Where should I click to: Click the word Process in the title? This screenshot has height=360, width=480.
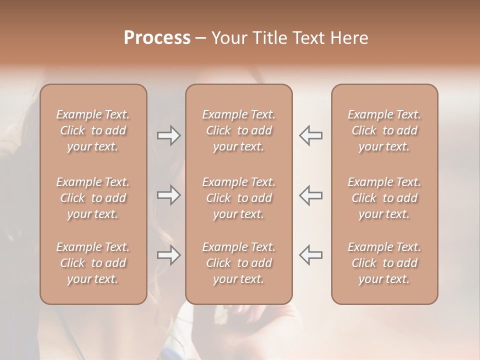point(157,38)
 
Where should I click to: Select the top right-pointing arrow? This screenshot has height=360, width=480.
point(168,135)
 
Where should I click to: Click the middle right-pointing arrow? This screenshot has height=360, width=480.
point(168,195)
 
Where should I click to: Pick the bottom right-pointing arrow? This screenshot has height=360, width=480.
point(168,255)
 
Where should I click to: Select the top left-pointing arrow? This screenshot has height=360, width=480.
point(311,135)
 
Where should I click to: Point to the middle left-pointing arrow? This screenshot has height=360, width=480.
point(311,195)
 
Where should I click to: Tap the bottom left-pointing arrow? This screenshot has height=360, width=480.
point(311,255)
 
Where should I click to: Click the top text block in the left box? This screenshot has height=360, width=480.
point(93,130)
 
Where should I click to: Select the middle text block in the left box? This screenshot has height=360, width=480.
point(93,198)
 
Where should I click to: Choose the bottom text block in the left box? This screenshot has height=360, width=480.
point(93,263)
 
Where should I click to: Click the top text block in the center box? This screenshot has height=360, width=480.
point(238,130)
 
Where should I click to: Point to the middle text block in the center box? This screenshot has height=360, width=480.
point(238,198)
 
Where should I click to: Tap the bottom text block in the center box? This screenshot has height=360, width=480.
point(238,263)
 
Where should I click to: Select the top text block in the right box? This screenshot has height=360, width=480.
point(384,130)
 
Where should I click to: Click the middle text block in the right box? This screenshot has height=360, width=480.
point(384,198)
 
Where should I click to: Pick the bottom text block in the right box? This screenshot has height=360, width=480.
point(384,263)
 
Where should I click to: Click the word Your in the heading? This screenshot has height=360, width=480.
point(228,38)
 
